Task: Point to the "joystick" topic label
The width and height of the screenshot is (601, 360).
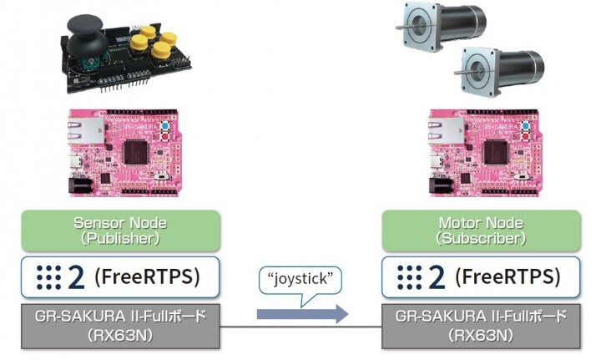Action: [x=302, y=279]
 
